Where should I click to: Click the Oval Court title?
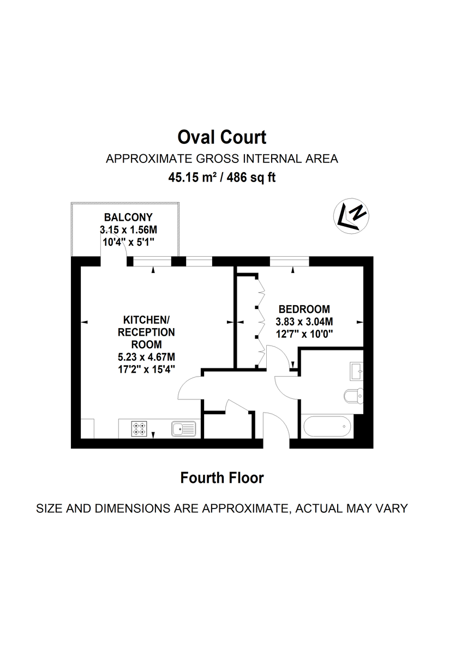click(222, 137)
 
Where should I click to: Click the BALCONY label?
click(128, 217)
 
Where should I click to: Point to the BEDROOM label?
click(304, 308)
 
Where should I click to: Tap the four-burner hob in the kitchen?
click(138, 429)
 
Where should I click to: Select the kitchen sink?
click(183, 429)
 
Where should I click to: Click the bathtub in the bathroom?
click(326, 426)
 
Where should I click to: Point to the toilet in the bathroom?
click(354, 395)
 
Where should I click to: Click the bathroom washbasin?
click(357, 371)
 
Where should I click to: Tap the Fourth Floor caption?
click(222, 478)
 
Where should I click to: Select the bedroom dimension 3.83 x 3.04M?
click(304, 321)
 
